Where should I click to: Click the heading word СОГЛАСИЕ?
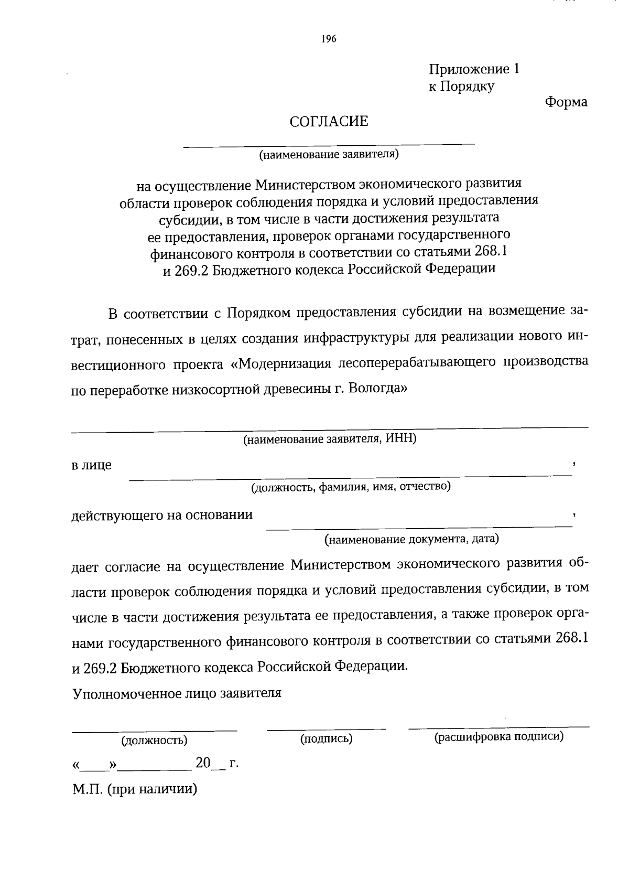pos(329,122)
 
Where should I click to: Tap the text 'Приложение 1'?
pos(474,70)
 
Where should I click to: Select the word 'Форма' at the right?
pos(566,102)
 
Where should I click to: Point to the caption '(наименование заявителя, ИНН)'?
pos(329,439)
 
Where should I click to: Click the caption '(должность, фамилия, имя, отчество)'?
pos(351,487)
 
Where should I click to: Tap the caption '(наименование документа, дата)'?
pos(411,539)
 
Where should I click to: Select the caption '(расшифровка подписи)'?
pos(498,736)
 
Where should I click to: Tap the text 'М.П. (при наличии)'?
pos(135,789)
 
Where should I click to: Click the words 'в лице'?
pos(91,465)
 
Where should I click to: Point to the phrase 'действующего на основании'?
pos(162,515)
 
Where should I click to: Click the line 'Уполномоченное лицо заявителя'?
pos(177,693)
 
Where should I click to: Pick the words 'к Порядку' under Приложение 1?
pos(461,87)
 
